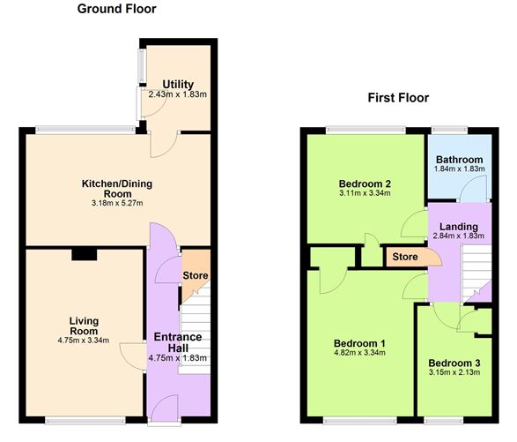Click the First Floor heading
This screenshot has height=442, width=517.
[398, 97]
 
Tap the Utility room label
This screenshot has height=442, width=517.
[178, 85]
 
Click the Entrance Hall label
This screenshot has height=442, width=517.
[178, 342]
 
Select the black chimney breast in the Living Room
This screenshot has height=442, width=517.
[85, 254]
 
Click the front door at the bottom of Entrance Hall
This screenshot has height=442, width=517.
[163, 410]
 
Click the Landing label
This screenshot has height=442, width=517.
[459, 226]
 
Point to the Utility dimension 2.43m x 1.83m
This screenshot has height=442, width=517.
[178, 95]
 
